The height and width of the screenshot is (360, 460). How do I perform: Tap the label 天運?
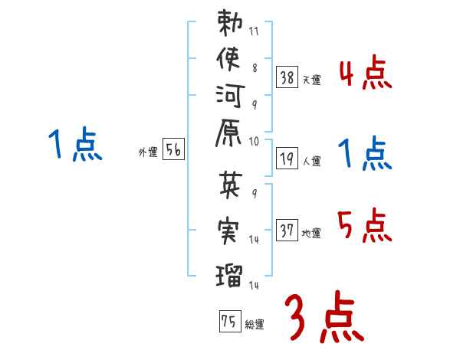pos(311,80)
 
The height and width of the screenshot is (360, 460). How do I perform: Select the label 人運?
pos(311,162)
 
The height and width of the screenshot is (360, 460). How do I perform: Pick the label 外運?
pos(147,152)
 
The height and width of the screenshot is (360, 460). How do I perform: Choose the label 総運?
pos(254,325)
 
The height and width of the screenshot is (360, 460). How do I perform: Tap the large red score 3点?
pos(323,316)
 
